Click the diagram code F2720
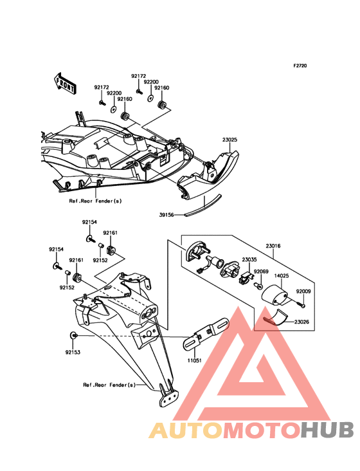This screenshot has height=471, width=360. tap(300, 66)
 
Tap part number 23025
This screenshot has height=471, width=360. tap(230, 140)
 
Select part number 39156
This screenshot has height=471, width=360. tap(166, 215)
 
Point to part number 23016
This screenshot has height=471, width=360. tap(273, 246)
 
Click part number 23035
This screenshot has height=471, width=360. tap(249, 259)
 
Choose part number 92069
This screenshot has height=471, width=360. tap(261, 272)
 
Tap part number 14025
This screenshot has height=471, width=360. tap(282, 275)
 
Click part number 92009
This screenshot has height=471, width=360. tap(303, 291)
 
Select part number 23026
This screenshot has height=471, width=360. tap(301, 322)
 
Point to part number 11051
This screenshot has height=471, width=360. tap(195, 360)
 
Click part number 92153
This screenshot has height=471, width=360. tap(73, 352)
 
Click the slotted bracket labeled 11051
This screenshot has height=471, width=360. tap(206, 334)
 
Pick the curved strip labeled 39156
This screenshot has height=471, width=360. tap(204, 205)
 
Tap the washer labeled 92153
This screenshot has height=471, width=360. tap(73, 335)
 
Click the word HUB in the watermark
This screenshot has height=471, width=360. tap(328, 430)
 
